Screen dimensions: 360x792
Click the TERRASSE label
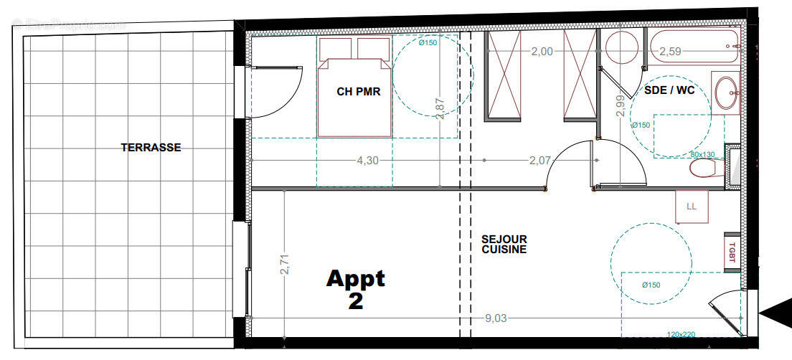coord(151,148)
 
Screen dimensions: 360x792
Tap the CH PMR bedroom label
coord(358,92)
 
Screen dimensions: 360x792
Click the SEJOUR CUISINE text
coord(504,245)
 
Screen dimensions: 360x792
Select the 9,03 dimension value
coord(495,318)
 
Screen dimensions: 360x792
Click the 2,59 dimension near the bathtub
coord(670,52)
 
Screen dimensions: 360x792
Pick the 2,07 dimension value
coord(539,161)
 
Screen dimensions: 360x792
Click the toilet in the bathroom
coord(704,169)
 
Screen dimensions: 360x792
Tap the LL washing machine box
coord(692,207)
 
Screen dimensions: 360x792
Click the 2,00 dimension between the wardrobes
coord(542,52)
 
